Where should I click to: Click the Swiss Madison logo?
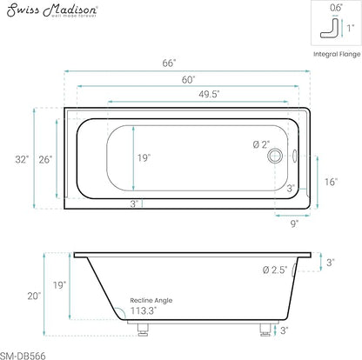(x=52, y=10)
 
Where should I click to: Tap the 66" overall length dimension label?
(x=169, y=63)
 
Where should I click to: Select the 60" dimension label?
(x=189, y=79)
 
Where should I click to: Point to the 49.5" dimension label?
(x=209, y=94)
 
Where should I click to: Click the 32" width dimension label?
(x=22, y=159)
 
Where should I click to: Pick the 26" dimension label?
(x=45, y=159)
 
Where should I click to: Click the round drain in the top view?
(x=275, y=156)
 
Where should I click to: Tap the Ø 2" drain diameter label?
(x=261, y=144)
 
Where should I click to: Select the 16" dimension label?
(x=331, y=182)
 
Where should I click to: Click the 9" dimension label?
(x=295, y=223)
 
